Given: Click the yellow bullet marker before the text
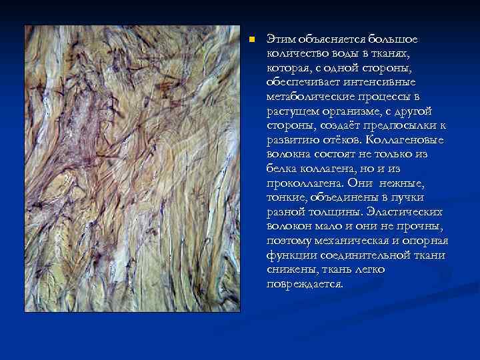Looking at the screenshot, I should [x=251, y=39].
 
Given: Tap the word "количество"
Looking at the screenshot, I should [x=294, y=53].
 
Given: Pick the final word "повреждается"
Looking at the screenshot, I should [x=304, y=284].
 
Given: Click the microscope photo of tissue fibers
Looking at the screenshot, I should [x=132, y=169].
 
